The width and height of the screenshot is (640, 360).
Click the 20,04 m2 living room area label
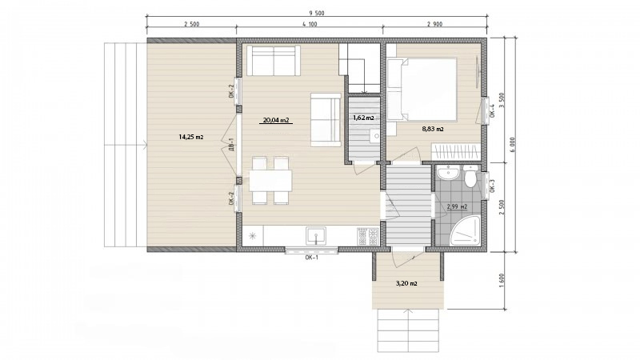click(x=276, y=120)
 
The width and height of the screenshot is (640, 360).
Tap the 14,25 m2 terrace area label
click(x=191, y=137)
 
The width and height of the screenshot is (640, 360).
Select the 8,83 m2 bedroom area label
click(x=433, y=129)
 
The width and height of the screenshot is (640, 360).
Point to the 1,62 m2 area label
click(x=363, y=118)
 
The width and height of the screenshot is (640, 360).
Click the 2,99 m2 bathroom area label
click(x=457, y=207)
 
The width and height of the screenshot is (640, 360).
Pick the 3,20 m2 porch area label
click(x=406, y=283)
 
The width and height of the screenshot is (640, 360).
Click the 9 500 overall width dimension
click(x=316, y=13)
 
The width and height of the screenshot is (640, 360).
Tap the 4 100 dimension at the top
click(x=310, y=24)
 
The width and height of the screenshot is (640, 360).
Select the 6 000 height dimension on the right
click(x=513, y=144)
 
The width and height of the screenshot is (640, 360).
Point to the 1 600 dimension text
click(x=502, y=281)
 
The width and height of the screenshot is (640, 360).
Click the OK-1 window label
click(x=311, y=258)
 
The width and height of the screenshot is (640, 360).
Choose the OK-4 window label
click(x=492, y=111)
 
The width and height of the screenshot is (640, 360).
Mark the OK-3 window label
click(x=492, y=186)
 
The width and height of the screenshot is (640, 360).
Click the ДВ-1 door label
click(x=231, y=145)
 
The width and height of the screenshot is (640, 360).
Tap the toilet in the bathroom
click(x=470, y=176)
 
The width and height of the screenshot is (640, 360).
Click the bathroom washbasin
click(x=449, y=173)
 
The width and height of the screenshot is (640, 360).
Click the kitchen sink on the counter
click(x=316, y=236)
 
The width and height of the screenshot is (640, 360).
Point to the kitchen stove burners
click(x=368, y=237)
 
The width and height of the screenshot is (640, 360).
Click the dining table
click(x=270, y=180)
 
